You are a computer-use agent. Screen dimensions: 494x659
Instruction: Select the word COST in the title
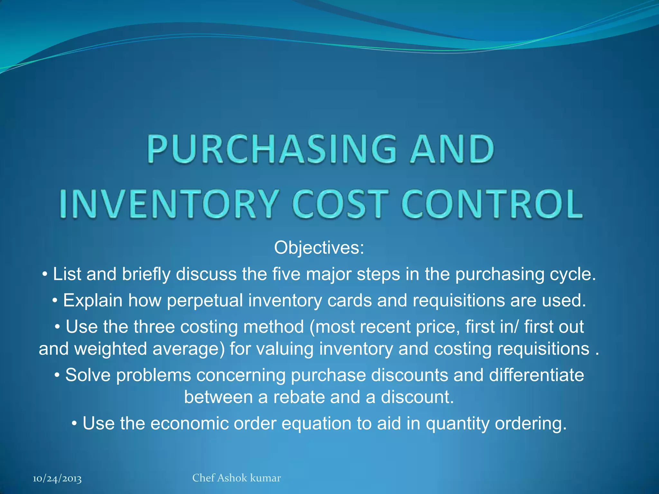pyautogui.click(x=341, y=204)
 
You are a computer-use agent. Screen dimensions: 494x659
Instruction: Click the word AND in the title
pyautogui.click(x=452, y=149)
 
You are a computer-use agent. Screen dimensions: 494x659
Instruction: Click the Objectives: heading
pyautogui.click(x=319, y=248)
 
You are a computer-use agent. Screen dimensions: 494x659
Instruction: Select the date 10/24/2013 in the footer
pyautogui.click(x=57, y=479)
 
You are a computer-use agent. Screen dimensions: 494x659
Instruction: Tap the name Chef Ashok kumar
pyautogui.click(x=237, y=478)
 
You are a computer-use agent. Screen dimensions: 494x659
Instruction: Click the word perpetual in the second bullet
pyautogui.click(x=205, y=300)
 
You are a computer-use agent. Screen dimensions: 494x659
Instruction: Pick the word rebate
pyautogui.click(x=299, y=397)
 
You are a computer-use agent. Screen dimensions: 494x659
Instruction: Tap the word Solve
pyautogui.click(x=88, y=375)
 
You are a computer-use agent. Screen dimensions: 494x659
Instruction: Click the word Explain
pyautogui.click(x=93, y=300)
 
